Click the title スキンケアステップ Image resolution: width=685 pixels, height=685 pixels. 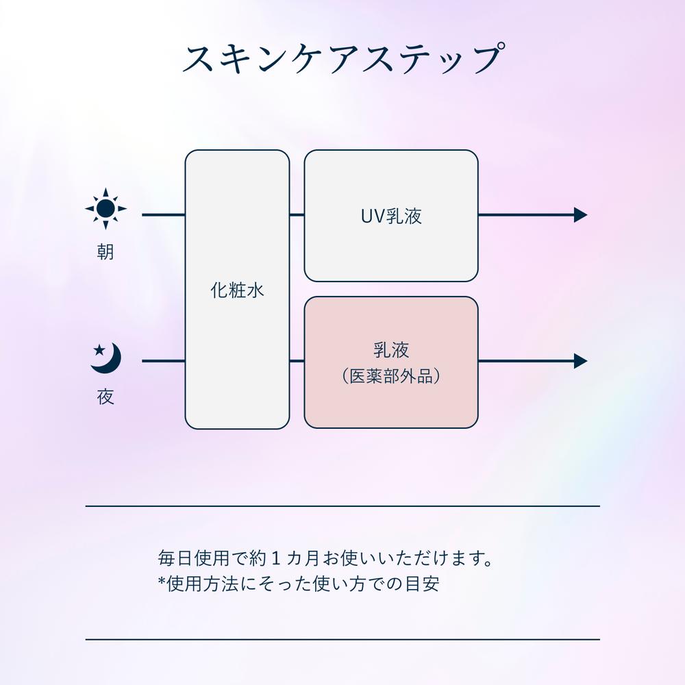click(344, 58)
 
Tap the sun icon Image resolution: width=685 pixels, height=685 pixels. click(105, 209)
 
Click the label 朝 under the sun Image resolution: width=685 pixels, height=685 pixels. click(105, 252)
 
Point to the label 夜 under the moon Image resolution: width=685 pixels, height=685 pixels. click(105, 397)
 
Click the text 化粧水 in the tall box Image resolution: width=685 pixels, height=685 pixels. click(237, 290)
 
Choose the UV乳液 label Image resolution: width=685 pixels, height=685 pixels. click(391, 216)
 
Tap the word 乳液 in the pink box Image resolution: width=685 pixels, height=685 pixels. click(391, 350)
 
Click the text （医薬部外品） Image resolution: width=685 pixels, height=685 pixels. click(391, 376)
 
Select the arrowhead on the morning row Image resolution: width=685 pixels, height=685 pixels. click(581, 215)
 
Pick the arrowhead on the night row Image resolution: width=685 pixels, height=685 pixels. click(581, 361)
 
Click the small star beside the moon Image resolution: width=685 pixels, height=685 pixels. click(99, 349)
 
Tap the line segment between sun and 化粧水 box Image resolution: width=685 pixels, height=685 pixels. click(164, 215)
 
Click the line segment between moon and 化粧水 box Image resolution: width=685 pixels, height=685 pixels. click(164, 361)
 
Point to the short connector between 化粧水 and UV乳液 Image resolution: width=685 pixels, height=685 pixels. click(297, 215)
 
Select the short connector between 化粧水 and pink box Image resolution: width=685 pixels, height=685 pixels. click(297, 361)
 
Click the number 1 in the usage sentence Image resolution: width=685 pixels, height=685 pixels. click(275, 558)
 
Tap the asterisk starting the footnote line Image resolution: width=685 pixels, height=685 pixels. click(162, 581)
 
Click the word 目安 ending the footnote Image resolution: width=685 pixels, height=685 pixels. click(423, 584)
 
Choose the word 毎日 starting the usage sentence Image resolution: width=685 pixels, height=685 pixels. click(175, 558)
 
